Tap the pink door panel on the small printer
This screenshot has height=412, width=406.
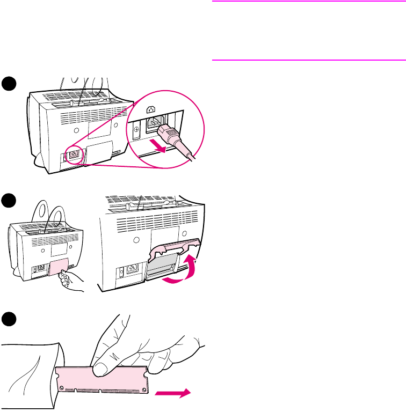tap(57, 267)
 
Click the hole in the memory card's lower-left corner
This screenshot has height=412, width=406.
tap(63, 387)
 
